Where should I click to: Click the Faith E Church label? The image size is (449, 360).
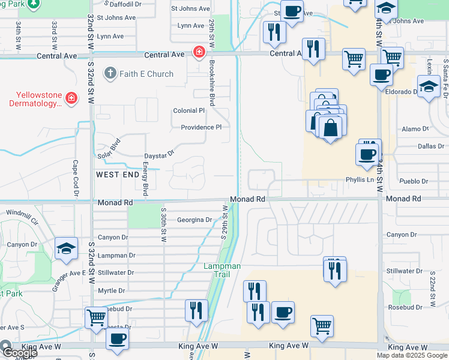(x=147, y=74)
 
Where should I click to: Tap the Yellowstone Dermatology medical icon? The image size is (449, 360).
(x=71, y=98)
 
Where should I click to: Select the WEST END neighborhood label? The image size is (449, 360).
(x=117, y=174)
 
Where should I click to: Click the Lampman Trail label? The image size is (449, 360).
(x=222, y=270)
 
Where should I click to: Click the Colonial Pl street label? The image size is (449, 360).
(x=189, y=111)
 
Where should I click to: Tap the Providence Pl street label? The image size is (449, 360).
(x=202, y=127)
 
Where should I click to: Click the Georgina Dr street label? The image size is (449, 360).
(x=194, y=220)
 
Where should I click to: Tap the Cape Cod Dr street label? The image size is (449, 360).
(x=76, y=178)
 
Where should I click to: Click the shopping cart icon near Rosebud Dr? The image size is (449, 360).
(x=96, y=319)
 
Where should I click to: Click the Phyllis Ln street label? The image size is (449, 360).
(x=360, y=179)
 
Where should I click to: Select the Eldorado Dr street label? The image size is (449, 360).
(x=402, y=92)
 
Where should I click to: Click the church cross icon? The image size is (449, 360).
(x=109, y=74)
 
